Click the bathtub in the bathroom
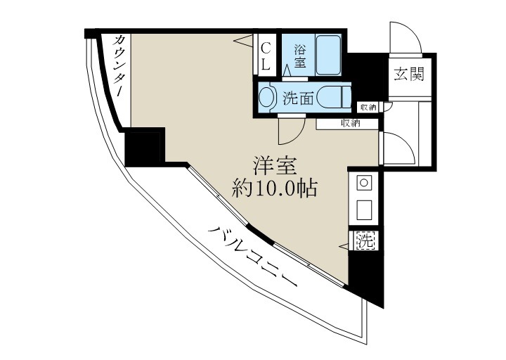pyautogui.click(x=327, y=53)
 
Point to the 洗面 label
pyautogui.click(x=297, y=98)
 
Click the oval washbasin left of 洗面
pyautogui.click(x=268, y=97)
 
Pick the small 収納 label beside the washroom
pyautogui.click(x=368, y=107)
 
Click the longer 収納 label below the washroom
pyautogui.click(x=351, y=124)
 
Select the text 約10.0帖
pyautogui.click(x=275, y=188)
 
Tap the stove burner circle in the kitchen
pyautogui.click(x=364, y=184)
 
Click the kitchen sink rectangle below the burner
pyautogui.click(x=364, y=210)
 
